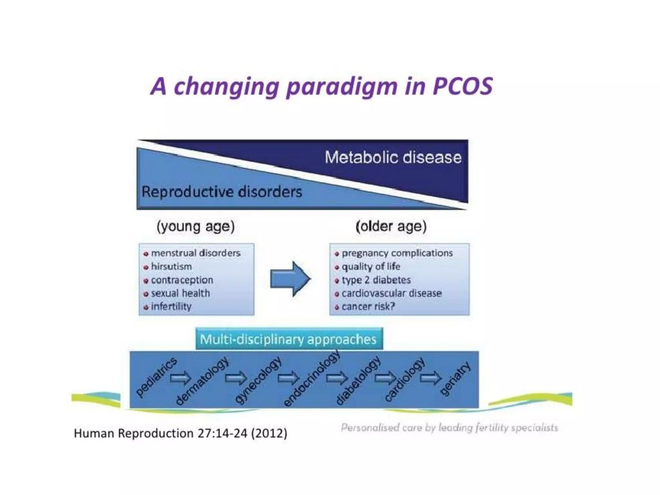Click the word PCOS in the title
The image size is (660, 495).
click(x=462, y=86)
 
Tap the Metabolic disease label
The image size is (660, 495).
click(x=393, y=158)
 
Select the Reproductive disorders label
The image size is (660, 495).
click(x=222, y=192)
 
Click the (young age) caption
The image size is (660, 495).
click(x=196, y=226)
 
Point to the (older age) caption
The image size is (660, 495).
click(x=391, y=226)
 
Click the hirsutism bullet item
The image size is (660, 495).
click(x=171, y=267)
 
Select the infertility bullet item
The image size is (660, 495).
click(x=171, y=306)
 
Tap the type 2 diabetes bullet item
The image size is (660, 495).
click(x=376, y=280)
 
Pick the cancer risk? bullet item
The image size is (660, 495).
click(x=368, y=306)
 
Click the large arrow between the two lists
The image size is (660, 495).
click(x=290, y=279)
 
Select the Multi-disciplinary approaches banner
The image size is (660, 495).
click(x=289, y=339)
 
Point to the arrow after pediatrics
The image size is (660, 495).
click(x=180, y=378)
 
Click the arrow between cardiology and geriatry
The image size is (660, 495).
click(x=431, y=378)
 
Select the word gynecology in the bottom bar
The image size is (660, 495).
click(x=258, y=380)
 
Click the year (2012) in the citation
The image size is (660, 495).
click(x=269, y=433)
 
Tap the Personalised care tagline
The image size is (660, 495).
click(x=449, y=428)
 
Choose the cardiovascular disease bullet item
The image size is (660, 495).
click(x=391, y=293)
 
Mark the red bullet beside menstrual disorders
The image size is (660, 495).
click(x=146, y=254)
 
